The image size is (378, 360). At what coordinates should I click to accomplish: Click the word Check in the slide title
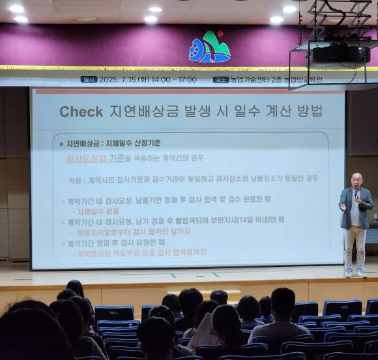pos(81,112)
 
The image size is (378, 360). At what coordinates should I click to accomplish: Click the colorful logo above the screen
pos(209,47)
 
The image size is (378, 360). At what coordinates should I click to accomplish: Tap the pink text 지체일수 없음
pos(98,212)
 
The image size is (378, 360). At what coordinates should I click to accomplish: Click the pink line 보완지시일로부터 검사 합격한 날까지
pos(134,232)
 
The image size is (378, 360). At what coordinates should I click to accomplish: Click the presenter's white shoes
pos(355,272)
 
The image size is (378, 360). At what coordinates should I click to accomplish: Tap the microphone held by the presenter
pos(355,193)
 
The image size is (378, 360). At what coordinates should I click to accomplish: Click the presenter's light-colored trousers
pos(355,244)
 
